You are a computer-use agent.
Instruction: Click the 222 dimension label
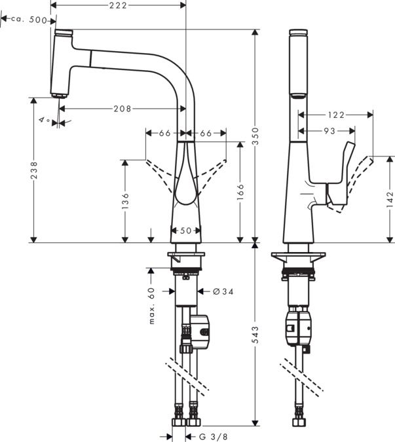(x=118, y=5)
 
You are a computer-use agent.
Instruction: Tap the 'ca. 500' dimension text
(x=29, y=20)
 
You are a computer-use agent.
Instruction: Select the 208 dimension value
(x=122, y=109)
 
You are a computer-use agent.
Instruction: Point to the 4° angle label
(x=45, y=120)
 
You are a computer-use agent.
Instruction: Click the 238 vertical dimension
(x=34, y=170)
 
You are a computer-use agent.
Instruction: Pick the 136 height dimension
(x=125, y=201)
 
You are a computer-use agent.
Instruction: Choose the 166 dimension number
(x=240, y=192)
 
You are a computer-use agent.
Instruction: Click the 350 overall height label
(x=255, y=136)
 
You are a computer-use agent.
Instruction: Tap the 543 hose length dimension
(x=255, y=335)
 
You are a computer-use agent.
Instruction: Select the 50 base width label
(x=186, y=230)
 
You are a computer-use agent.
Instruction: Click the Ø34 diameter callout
(x=223, y=291)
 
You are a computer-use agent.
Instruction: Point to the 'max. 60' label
(x=152, y=306)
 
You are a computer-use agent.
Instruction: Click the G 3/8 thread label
(x=213, y=437)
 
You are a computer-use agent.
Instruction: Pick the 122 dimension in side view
(x=336, y=115)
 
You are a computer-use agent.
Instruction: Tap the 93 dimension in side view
(x=329, y=131)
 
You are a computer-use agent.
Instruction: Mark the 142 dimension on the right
(x=390, y=200)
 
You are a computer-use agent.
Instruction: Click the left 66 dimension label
(x=165, y=133)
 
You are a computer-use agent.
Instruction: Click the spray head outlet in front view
(x=59, y=96)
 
